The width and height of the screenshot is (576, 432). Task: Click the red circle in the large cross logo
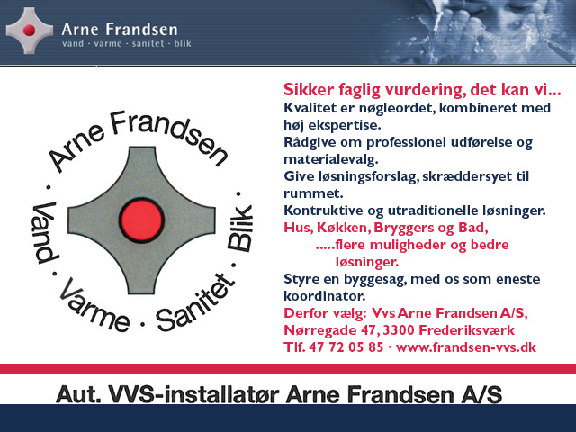click(141, 220)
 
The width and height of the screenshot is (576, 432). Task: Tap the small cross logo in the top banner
click(30, 31)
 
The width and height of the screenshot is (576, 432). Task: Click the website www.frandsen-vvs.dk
click(466, 347)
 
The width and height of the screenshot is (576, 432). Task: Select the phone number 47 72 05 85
click(346, 347)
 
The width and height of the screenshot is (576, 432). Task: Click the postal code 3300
click(398, 330)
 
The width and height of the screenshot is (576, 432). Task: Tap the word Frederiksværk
click(466, 330)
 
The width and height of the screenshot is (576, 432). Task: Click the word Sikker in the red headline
click(309, 90)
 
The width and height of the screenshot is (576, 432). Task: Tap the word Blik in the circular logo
click(240, 228)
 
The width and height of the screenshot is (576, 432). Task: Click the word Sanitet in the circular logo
click(195, 302)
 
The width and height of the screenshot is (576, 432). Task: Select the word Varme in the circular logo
click(94, 306)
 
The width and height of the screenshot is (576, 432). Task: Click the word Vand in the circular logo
click(45, 232)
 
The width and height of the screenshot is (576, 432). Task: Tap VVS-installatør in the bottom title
click(196, 394)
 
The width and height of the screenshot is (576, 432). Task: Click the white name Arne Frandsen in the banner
click(120, 30)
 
